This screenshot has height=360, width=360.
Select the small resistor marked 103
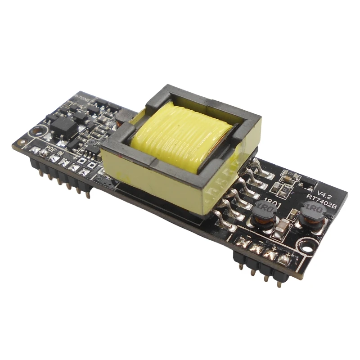pyautogui.click(x=291, y=176)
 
